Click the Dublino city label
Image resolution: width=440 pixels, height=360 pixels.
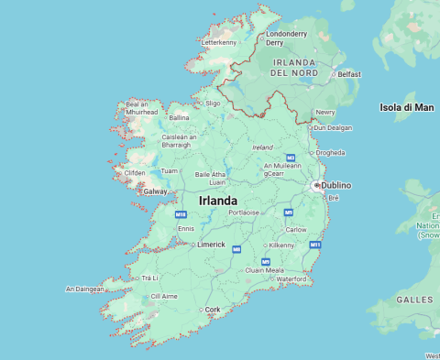(336, 185)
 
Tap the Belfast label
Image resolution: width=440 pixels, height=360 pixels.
(348, 74)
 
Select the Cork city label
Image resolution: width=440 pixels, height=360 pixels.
(213, 310)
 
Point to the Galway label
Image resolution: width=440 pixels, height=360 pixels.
(155, 191)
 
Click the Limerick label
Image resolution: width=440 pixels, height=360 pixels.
(211, 245)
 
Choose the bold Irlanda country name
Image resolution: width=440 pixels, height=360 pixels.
(218, 201)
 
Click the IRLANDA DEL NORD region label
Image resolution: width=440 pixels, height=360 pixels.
(296, 67)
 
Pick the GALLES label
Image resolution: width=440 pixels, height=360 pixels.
(414, 300)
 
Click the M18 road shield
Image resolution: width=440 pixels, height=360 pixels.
(181, 214)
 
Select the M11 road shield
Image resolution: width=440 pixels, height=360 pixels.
(315, 245)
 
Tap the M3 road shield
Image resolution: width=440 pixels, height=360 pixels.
(290, 158)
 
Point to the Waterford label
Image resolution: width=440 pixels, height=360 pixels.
(291, 278)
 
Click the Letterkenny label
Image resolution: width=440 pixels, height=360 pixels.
(218, 42)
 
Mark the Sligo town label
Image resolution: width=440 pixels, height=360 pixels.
(213, 104)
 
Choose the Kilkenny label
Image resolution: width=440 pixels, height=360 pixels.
(280, 245)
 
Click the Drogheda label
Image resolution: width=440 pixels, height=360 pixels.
(330, 153)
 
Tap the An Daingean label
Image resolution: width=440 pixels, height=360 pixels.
(84, 289)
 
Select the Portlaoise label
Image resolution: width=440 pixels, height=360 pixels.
(244, 212)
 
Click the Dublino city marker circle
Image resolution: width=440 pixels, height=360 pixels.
(316, 185)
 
